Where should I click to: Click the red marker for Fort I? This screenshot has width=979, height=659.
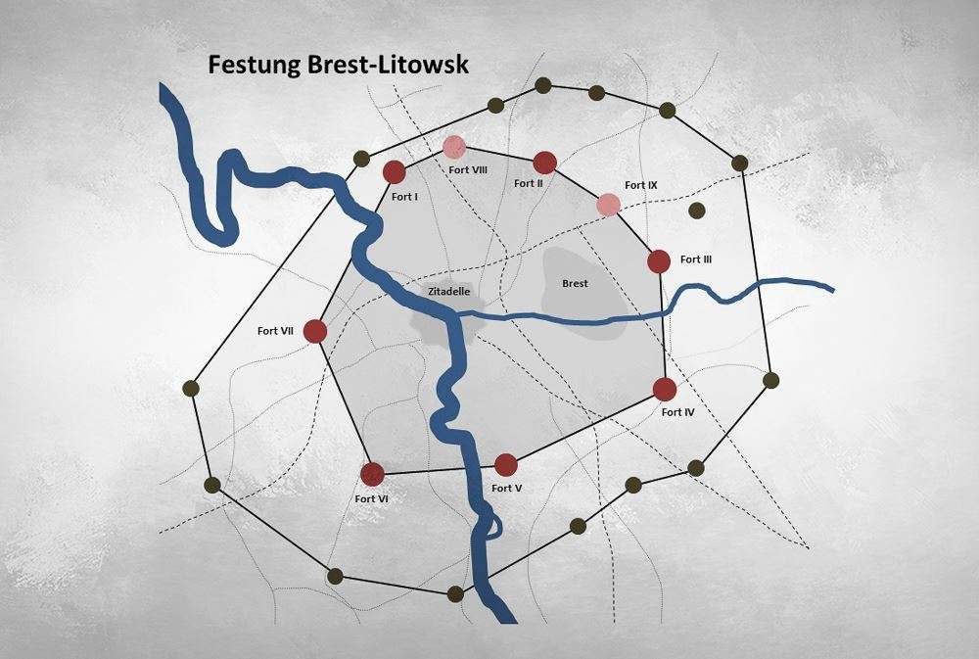click(x=394, y=172)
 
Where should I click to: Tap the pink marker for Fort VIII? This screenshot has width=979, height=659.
click(x=453, y=147)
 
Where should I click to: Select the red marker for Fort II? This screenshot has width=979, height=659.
click(x=545, y=162)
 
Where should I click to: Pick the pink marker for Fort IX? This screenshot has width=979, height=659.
click(x=609, y=204)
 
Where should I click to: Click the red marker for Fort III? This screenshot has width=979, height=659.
click(x=659, y=261)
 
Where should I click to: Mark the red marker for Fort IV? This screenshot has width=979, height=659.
click(x=665, y=390)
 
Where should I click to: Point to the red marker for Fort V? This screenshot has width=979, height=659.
click(x=505, y=464)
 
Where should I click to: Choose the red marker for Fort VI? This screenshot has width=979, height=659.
click(x=371, y=474)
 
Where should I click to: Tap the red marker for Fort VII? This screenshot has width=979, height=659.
click(x=314, y=331)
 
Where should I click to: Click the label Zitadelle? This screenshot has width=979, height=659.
click(x=450, y=291)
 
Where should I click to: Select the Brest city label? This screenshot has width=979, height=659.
click(x=575, y=284)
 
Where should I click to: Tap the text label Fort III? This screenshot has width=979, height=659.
click(x=696, y=259)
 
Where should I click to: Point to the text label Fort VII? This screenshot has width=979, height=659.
click(x=276, y=330)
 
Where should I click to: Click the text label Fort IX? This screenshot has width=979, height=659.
click(x=641, y=185)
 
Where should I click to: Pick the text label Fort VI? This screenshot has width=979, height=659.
click(x=372, y=498)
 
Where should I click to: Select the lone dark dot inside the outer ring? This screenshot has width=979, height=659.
click(x=697, y=211)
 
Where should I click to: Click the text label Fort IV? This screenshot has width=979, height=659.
click(x=677, y=412)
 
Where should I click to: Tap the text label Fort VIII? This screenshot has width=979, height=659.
click(x=469, y=168)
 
